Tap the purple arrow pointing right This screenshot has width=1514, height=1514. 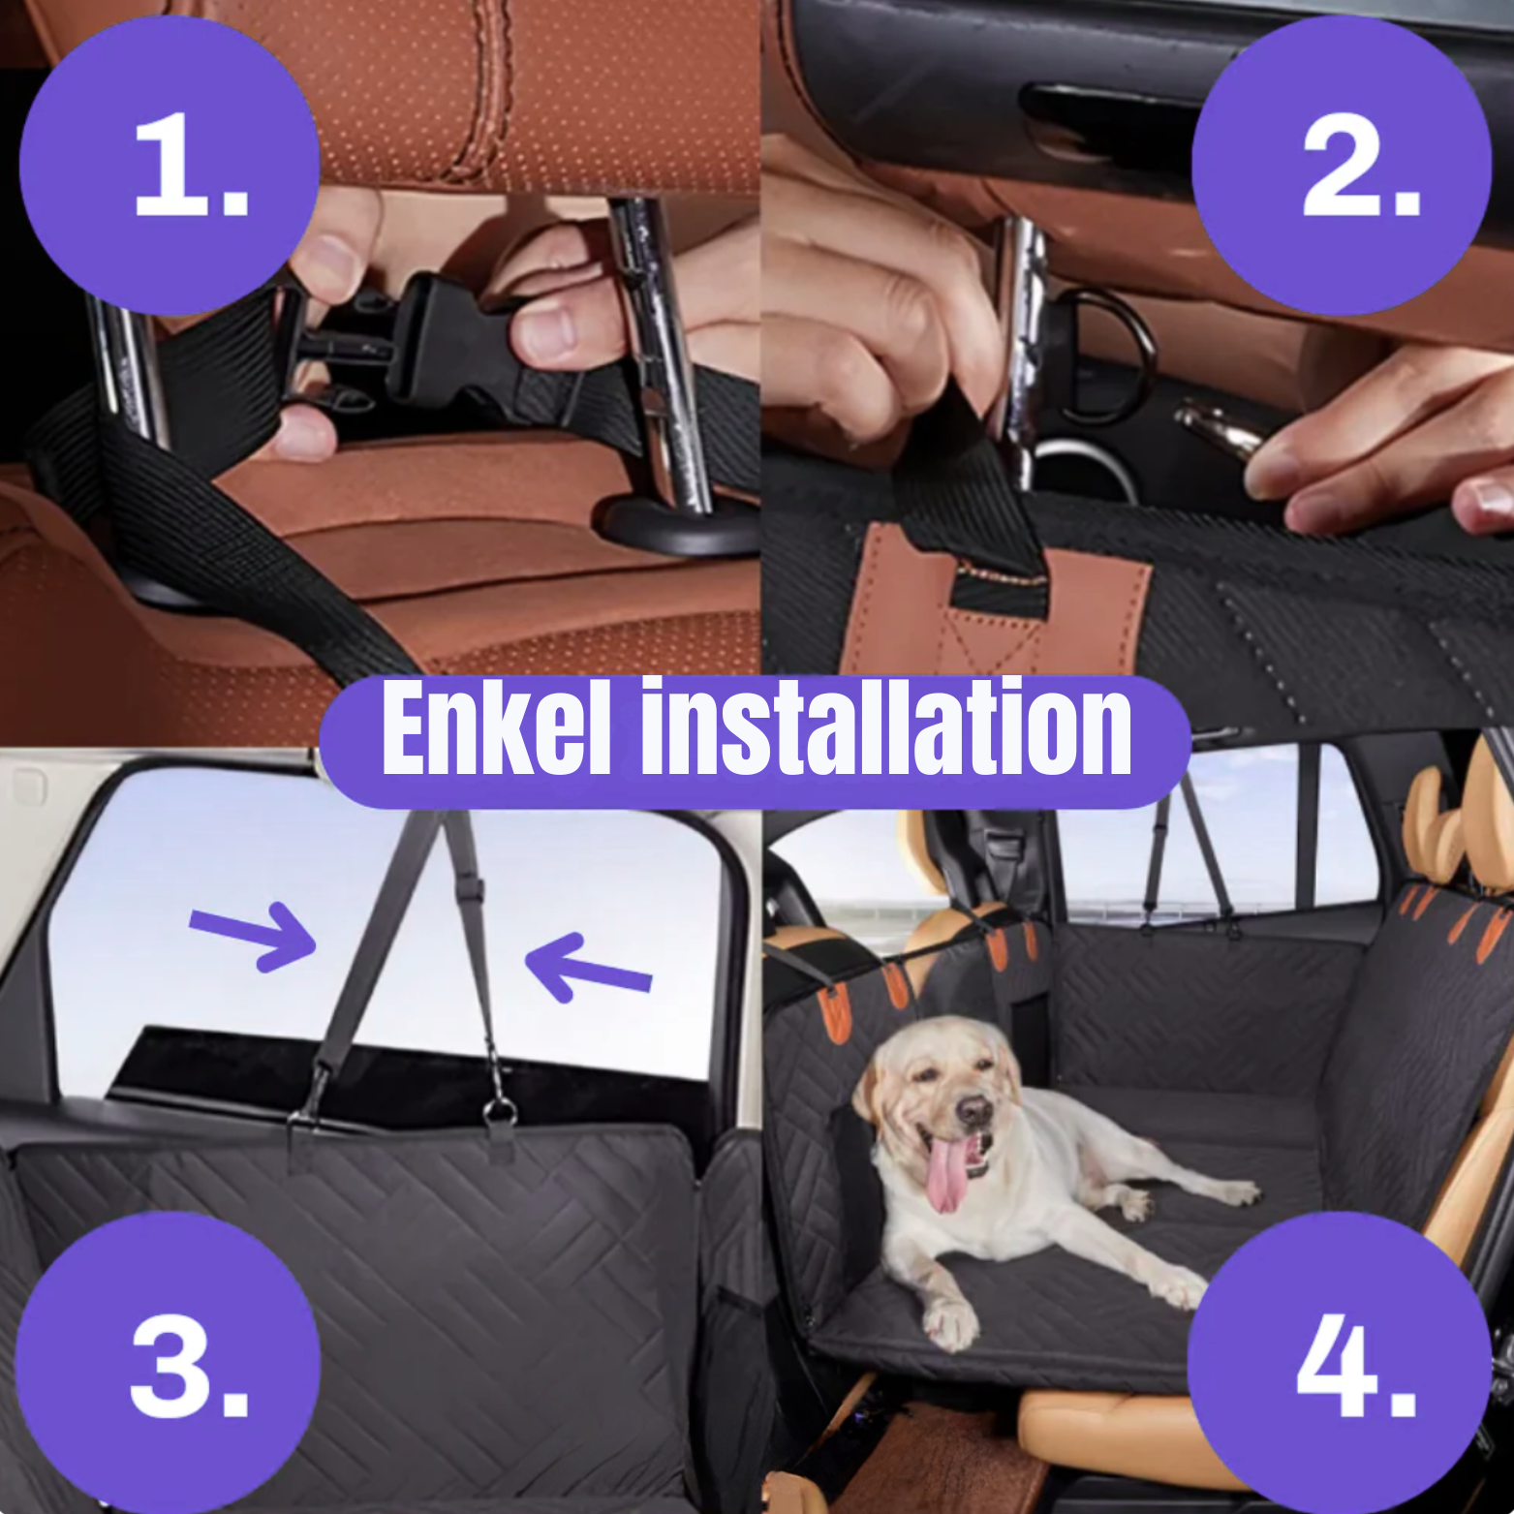tap(254, 935)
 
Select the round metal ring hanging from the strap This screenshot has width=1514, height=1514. tap(499, 1109)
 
